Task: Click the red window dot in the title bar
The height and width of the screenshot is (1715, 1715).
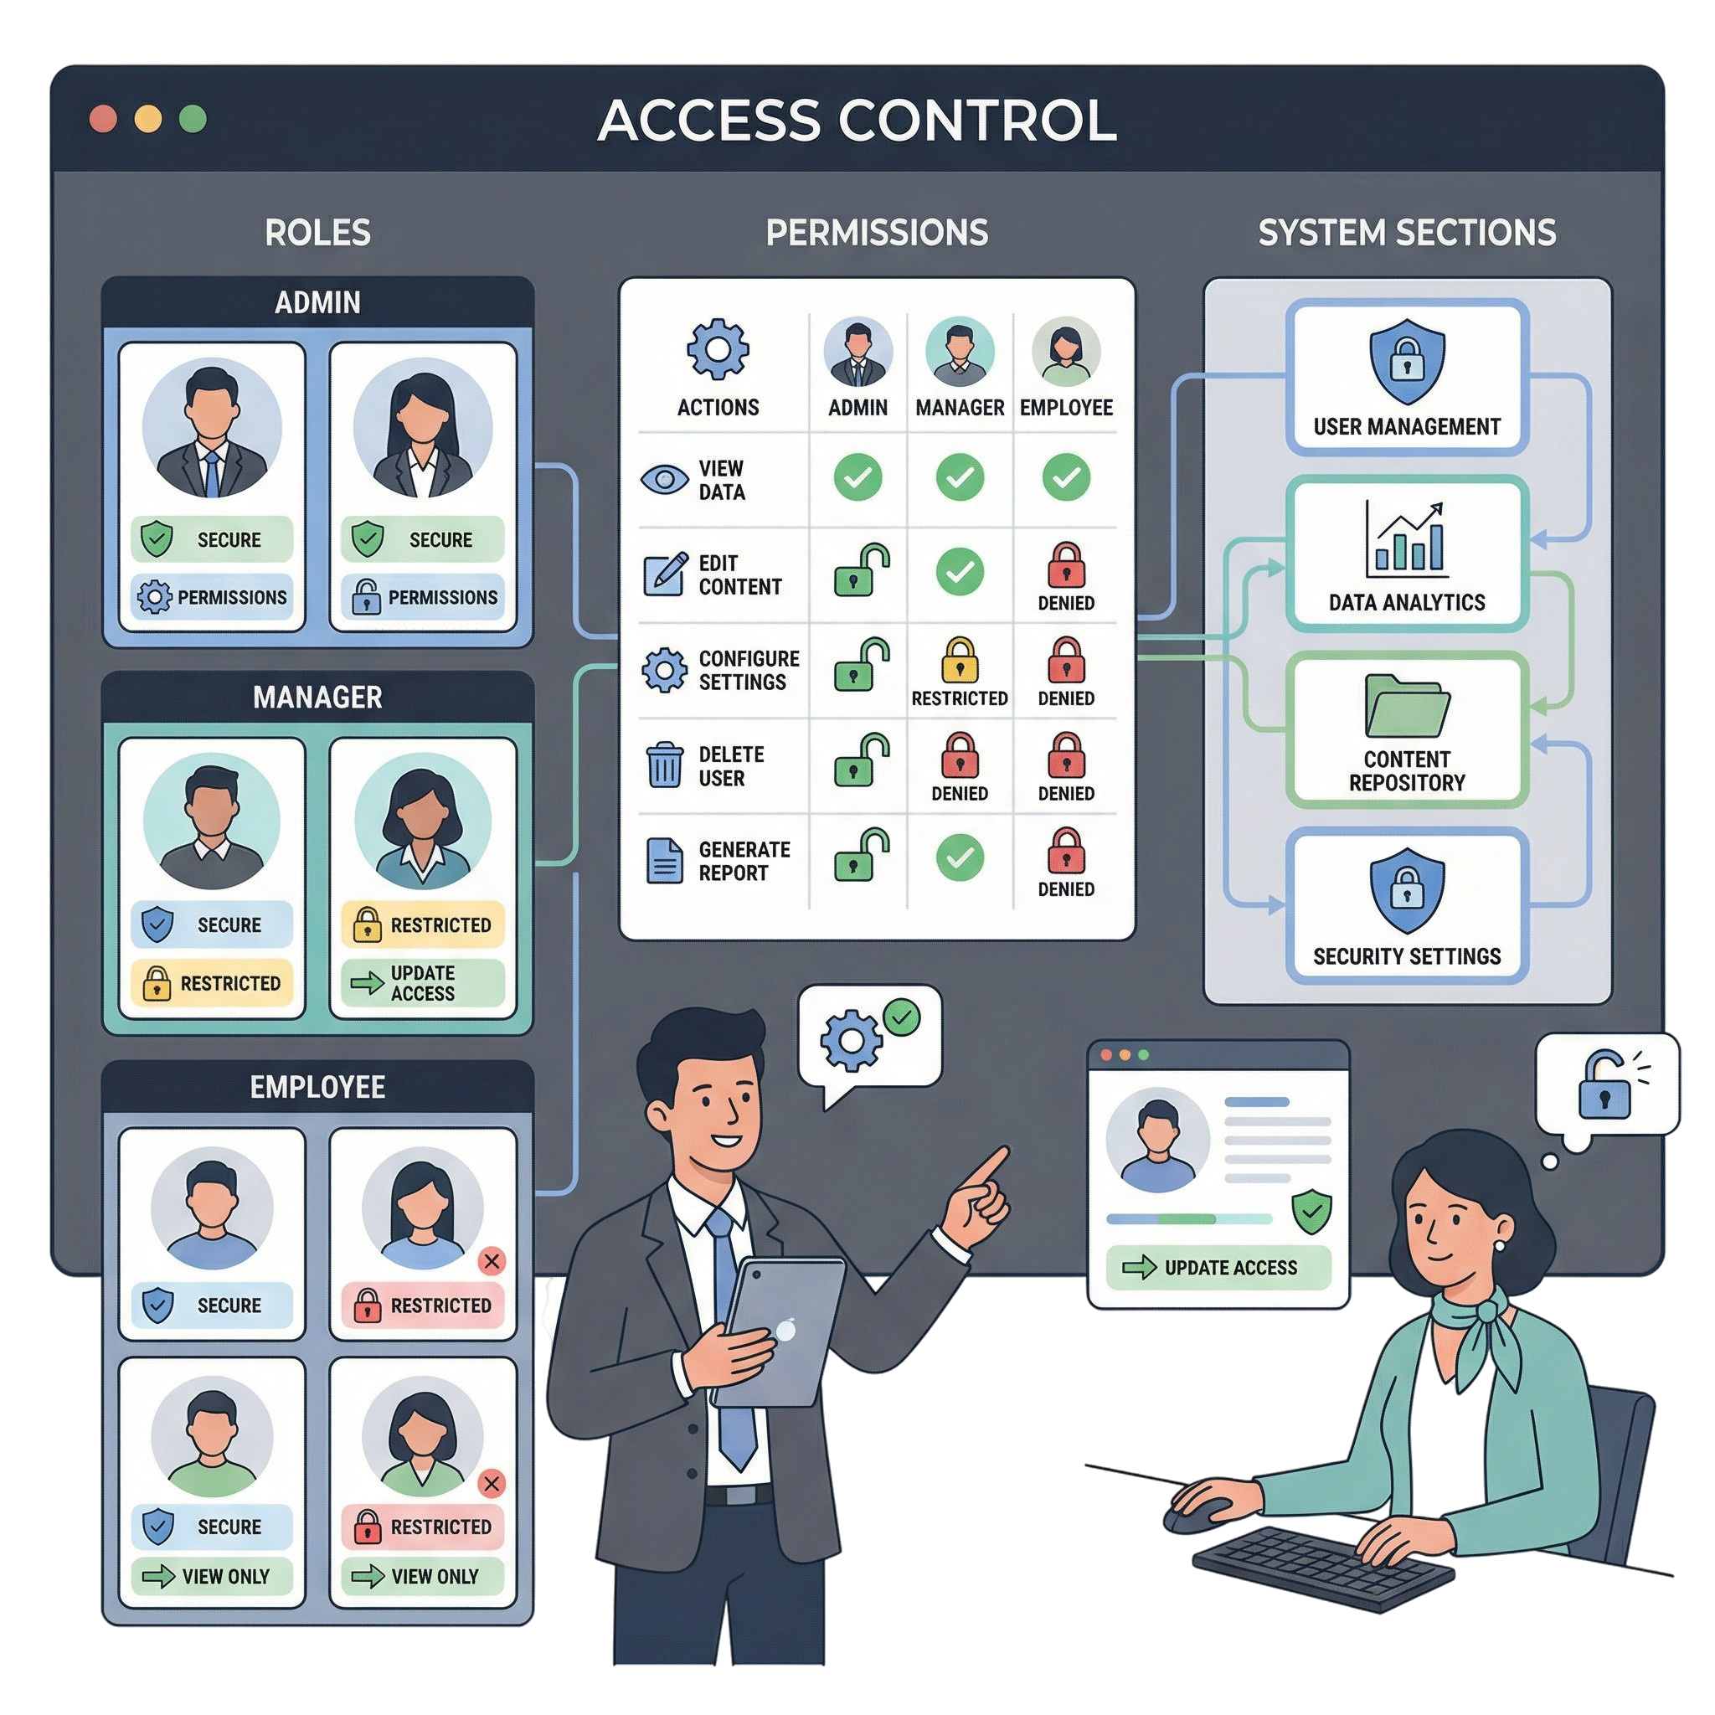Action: coord(104,119)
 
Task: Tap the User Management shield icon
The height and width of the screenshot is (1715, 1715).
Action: coord(1407,362)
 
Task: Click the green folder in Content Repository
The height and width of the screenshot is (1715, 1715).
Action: coord(1407,707)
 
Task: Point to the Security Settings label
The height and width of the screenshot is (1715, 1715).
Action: coord(1407,956)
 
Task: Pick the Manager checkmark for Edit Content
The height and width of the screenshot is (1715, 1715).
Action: coord(960,571)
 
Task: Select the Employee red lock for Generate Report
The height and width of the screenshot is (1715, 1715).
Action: coord(1065,852)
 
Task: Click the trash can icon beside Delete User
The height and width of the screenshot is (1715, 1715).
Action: coord(665,765)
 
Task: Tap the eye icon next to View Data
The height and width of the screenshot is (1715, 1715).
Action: coord(664,479)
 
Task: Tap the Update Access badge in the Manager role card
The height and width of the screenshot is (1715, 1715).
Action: coord(423,982)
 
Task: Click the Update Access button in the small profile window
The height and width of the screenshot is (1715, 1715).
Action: coord(1218,1268)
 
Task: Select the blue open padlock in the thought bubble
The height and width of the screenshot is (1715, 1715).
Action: coord(1606,1084)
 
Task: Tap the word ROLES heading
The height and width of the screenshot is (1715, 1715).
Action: coord(317,233)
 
